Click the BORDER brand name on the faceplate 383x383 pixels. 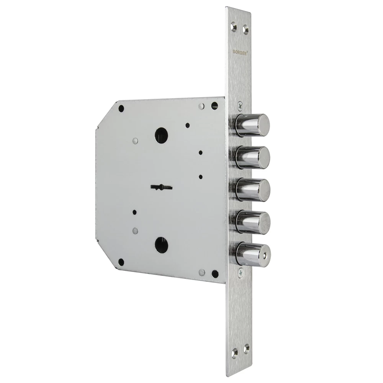click(240, 52)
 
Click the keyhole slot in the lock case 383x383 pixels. click(162, 187)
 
